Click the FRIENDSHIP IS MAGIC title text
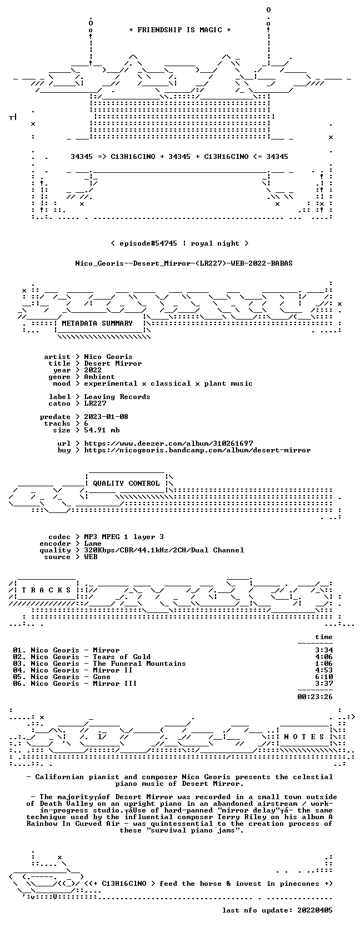tap(180, 30)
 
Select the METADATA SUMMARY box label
tap(97, 323)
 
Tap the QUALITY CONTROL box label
tap(126, 484)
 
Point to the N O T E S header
tap(304, 736)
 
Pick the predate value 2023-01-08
tap(106, 417)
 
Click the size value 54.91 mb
tap(102, 430)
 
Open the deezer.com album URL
tap(168, 443)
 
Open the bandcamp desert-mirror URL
tap(197, 450)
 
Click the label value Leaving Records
tap(117, 397)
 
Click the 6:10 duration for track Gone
tap(324, 676)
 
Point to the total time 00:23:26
tap(315, 697)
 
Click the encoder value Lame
tap(93, 544)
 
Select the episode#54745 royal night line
tap(179, 243)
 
